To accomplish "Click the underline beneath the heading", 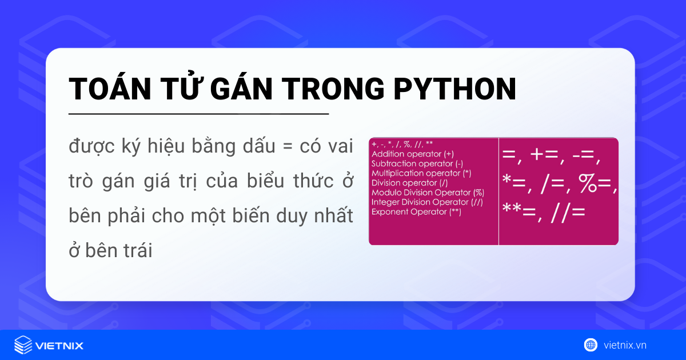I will click(198, 114).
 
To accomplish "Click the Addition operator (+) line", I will click(413, 154).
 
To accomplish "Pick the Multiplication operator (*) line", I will click(421, 173).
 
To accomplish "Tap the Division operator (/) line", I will click(410, 183).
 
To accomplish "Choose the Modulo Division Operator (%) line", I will click(428, 193).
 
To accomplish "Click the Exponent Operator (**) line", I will click(416, 212).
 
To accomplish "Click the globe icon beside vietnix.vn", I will click(591, 345).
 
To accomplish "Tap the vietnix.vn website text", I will click(625, 345).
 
